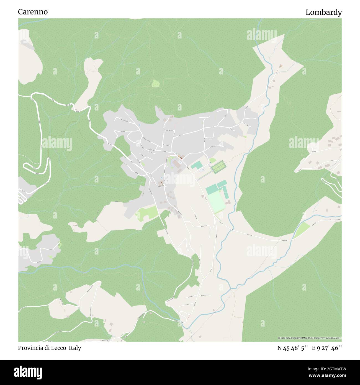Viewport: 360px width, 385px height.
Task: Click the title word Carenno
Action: (x=33, y=12)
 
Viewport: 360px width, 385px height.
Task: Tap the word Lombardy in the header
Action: (x=323, y=12)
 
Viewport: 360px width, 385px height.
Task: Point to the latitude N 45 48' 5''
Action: (x=293, y=348)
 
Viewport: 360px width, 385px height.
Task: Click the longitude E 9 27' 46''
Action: (x=327, y=348)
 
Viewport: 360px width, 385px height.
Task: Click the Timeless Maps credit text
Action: (x=333, y=338)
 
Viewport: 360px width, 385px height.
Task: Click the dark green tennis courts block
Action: (x=218, y=166)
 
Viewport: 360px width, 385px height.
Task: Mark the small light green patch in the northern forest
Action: (x=156, y=83)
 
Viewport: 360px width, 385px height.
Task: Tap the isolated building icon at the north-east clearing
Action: (x=281, y=66)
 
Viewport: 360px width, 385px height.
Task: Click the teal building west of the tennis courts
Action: (x=196, y=166)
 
